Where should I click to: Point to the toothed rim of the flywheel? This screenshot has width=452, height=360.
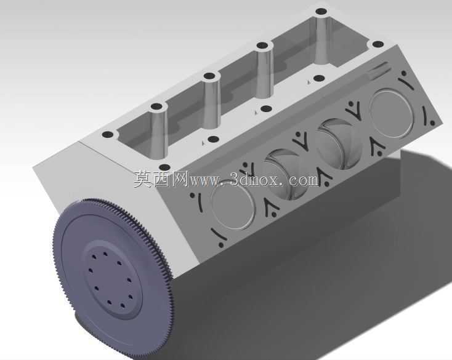point(161,247)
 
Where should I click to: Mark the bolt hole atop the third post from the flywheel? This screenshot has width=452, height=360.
point(262,46)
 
